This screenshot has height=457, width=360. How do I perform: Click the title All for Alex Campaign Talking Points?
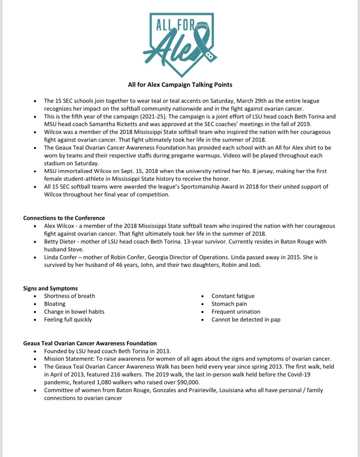180,85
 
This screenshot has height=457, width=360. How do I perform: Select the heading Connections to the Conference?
64,218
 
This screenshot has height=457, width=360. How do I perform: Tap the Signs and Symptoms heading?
50,288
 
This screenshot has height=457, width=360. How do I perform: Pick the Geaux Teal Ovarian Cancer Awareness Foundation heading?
90,343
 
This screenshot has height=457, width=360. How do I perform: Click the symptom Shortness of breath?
69,296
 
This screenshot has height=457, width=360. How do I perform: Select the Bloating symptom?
54,304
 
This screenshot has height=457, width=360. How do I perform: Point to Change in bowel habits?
74,312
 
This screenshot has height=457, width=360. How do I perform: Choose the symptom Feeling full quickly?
68,320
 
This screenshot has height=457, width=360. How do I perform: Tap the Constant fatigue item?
233,296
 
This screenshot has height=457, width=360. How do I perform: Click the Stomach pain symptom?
229,304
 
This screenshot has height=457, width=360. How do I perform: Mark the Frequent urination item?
236,312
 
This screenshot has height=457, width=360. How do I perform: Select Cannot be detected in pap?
246,320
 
